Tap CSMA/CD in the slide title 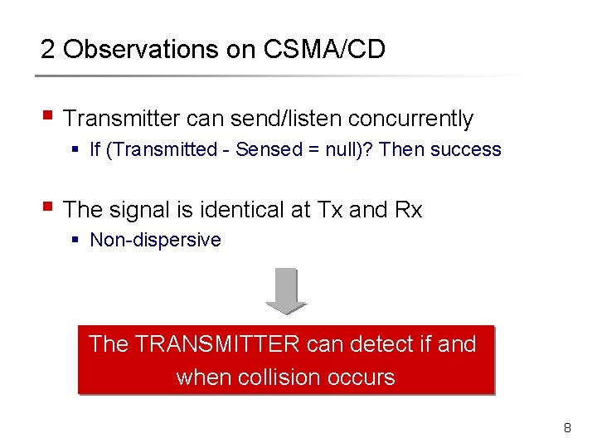click(324, 50)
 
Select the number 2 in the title click(48, 50)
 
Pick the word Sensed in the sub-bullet click(264, 150)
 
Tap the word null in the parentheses click(334, 150)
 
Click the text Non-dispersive click(155, 241)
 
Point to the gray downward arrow click(286, 291)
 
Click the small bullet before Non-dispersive click(75, 241)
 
